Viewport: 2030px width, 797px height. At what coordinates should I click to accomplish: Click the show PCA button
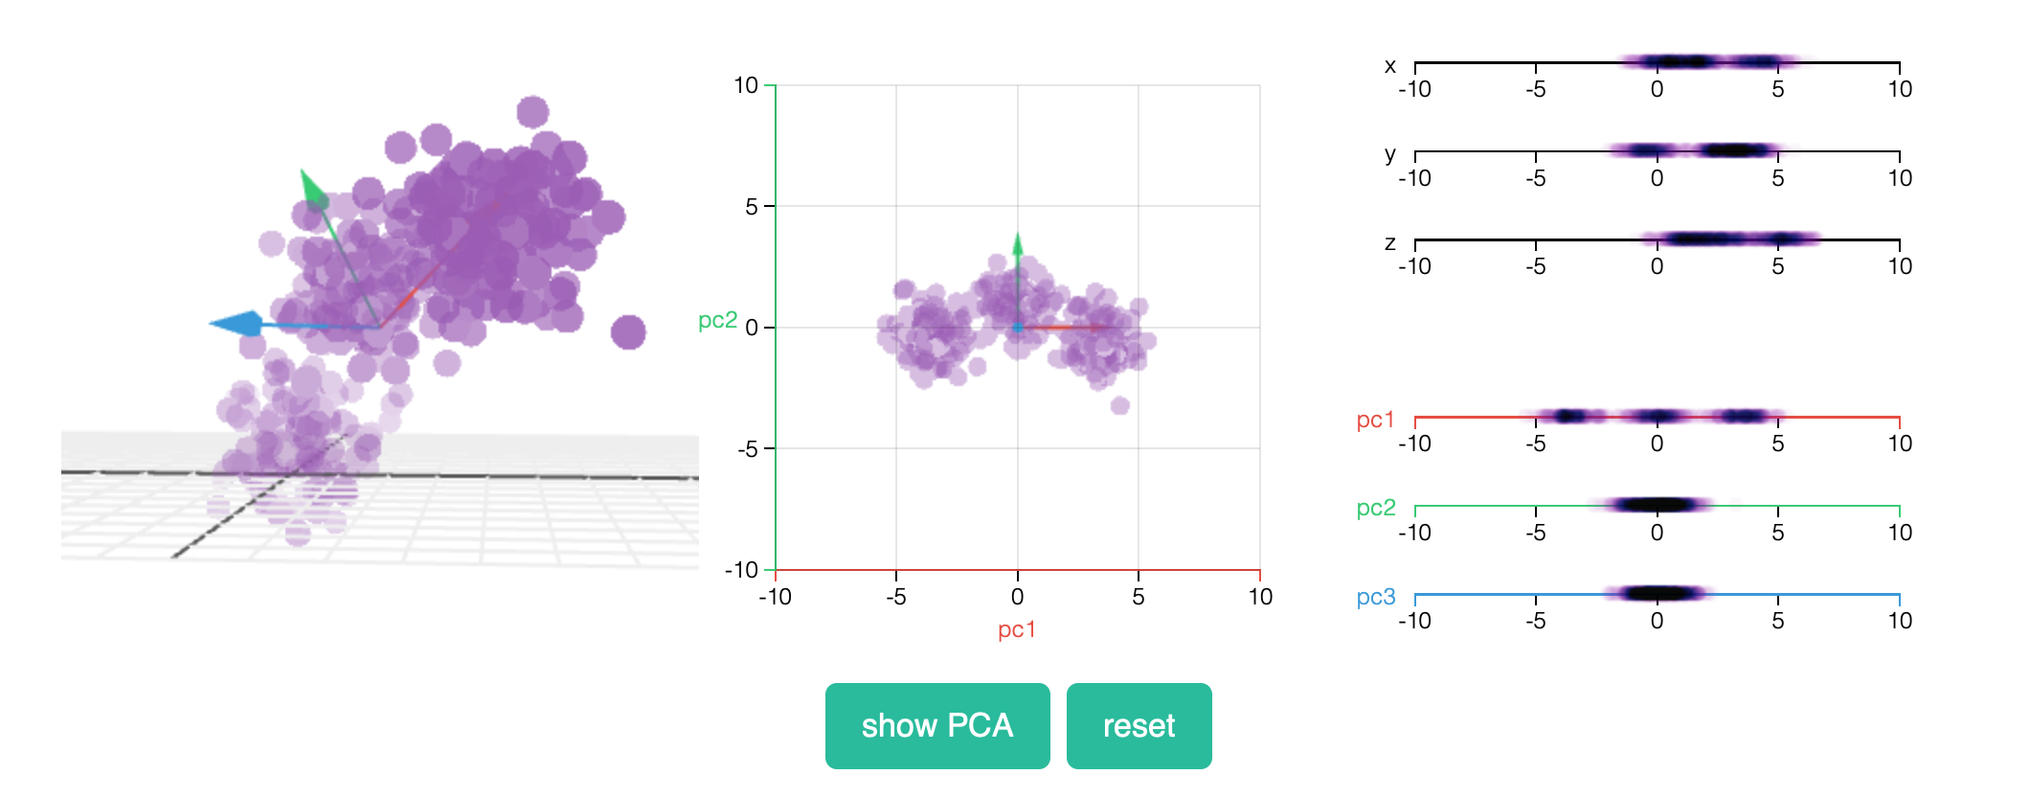(936, 725)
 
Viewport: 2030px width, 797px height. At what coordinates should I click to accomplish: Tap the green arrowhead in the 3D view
(310, 188)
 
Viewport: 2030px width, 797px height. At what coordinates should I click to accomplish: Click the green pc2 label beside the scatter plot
(717, 320)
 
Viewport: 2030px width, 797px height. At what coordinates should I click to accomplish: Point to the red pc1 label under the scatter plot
(1016, 629)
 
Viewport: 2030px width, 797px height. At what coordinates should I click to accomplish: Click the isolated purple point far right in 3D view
(628, 332)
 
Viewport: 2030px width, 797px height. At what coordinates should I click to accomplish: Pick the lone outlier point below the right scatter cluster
(1119, 405)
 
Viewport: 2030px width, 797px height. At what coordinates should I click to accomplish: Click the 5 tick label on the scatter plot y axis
(751, 207)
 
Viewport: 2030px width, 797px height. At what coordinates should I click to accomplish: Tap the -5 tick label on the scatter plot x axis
(895, 597)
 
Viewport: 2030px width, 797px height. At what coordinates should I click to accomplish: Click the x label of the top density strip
(1389, 66)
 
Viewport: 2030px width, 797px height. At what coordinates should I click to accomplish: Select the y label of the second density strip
(1389, 154)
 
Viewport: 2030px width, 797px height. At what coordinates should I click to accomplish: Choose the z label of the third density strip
(1389, 242)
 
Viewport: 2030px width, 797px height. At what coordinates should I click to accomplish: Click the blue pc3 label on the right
(1375, 597)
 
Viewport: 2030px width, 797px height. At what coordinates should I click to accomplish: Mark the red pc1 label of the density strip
(1375, 420)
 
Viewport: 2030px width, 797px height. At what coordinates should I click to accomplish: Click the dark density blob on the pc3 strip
(1658, 593)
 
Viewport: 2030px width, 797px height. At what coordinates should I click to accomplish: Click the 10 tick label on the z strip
(1899, 266)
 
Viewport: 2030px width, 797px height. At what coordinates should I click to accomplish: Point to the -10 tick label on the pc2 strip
(1414, 533)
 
